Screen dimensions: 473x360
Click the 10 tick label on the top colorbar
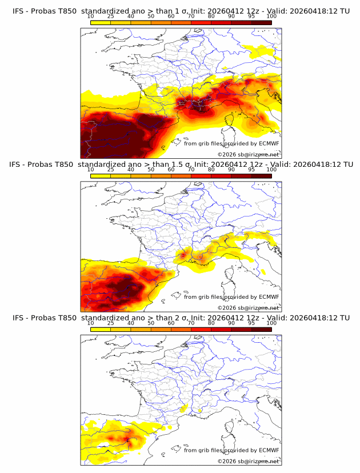click(x=91, y=16)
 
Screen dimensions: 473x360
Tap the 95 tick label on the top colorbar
click(x=251, y=16)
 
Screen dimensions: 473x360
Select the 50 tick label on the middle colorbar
click(x=151, y=169)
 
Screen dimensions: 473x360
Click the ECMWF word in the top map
click(x=269, y=143)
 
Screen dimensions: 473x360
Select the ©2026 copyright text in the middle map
click(x=226, y=308)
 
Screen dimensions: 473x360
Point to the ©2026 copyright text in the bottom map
click(x=226, y=461)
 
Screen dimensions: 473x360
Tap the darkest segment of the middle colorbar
click(x=262, y=175)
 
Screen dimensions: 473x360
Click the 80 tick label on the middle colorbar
click(x=211, y=169)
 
